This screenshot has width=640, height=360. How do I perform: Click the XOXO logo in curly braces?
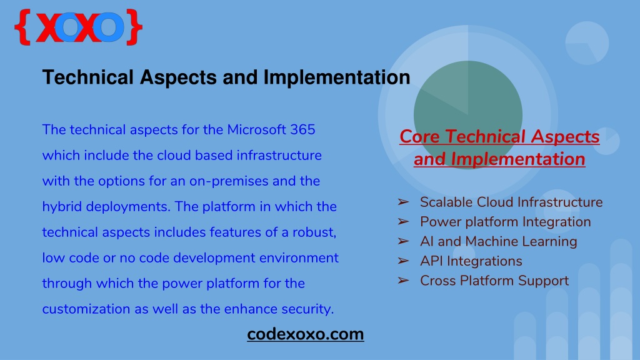click(x=78, y=27)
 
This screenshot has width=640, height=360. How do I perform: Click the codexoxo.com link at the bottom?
click(x=305, y=334)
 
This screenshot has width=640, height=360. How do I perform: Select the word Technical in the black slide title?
click(x=87, y=77)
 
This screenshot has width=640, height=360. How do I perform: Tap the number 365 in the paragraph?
click(x=302, y=130)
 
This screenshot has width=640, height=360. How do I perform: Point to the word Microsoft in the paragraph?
click(x=256, y=130)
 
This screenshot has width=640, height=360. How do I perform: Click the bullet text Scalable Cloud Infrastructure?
click(x=511, y=202)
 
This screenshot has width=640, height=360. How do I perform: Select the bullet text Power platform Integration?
click(x=505, y=222)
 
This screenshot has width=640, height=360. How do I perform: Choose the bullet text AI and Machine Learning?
click(x=498, y=241)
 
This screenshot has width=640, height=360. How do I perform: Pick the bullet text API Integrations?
click(x=471, y=261)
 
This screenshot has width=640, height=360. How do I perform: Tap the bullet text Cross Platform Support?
click(x=494, y=281)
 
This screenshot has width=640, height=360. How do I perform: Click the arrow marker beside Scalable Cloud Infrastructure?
click(x=403, y=202)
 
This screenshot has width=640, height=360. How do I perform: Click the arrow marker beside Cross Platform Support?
click(x=403, y=281)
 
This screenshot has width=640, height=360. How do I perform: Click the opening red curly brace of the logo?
click(x=23, y=27)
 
